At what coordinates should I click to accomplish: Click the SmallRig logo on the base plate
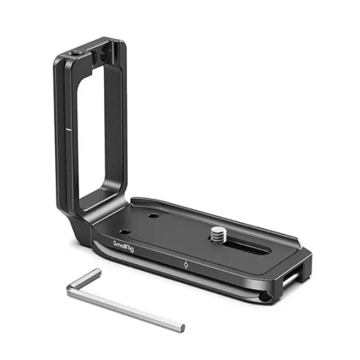click(x=124, y=246)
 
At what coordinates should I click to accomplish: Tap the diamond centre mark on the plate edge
click(x=186, y=265)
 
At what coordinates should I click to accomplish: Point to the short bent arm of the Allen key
click(x=84, y=279)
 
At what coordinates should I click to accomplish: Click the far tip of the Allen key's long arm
click(x=182, y=328)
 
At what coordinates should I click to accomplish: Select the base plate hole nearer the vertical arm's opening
click(x=153, y=216)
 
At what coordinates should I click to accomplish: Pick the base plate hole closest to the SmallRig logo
click(x=125, y=232)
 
